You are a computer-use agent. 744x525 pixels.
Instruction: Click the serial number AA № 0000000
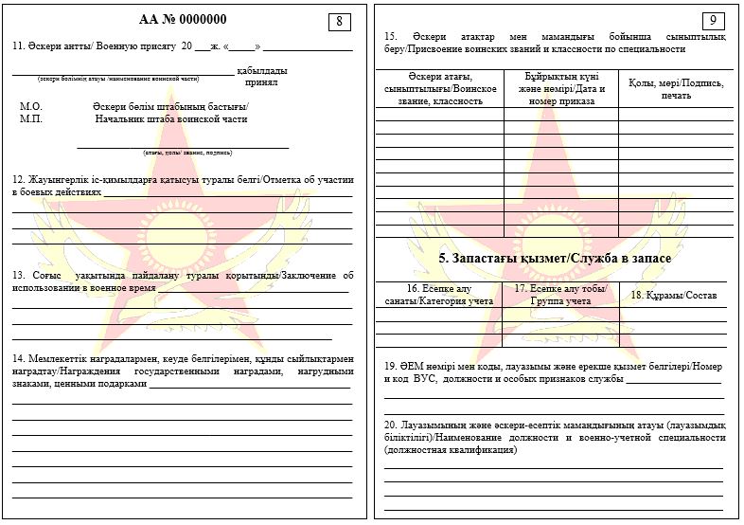click(183, 19)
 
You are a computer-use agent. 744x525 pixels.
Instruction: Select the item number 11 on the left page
click(18, 45)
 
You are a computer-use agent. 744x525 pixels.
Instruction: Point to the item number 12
click(18, 179)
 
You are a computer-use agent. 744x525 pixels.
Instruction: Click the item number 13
click(18, 276)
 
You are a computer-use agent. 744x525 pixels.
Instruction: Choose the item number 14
click(18, 359)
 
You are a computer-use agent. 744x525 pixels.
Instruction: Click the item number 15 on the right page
click(390, 36)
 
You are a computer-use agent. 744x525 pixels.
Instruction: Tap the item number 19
click(390, 366)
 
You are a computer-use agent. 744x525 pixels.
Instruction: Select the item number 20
click(390, 425)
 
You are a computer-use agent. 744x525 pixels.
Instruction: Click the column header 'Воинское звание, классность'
click(439, 94)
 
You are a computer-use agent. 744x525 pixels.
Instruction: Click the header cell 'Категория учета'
click(438, 300)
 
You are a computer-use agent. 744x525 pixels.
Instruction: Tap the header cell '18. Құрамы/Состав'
click(674, 296)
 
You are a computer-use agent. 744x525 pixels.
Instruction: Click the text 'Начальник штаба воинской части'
click(170, 119)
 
